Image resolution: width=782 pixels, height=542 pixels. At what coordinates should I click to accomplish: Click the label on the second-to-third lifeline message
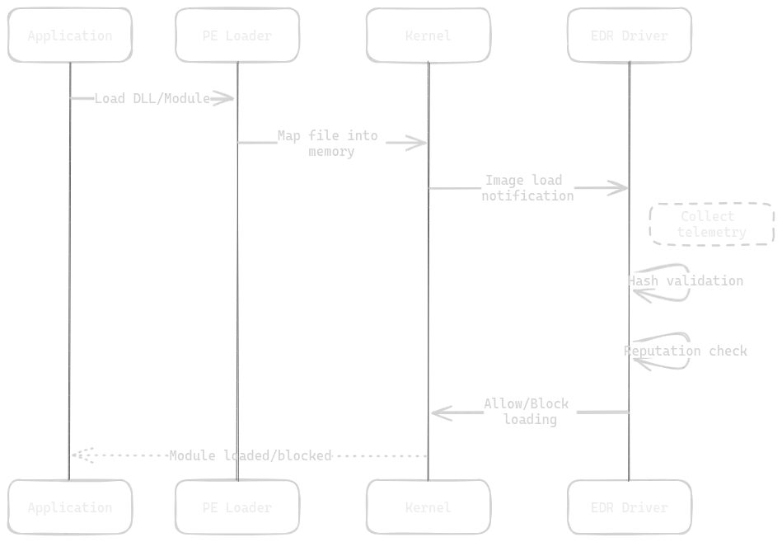[x=330, y=142]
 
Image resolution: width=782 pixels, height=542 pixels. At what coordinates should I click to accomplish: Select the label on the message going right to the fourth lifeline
[x=525, y=188]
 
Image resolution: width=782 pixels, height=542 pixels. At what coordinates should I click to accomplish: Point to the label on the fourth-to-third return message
[x=527, y=411]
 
